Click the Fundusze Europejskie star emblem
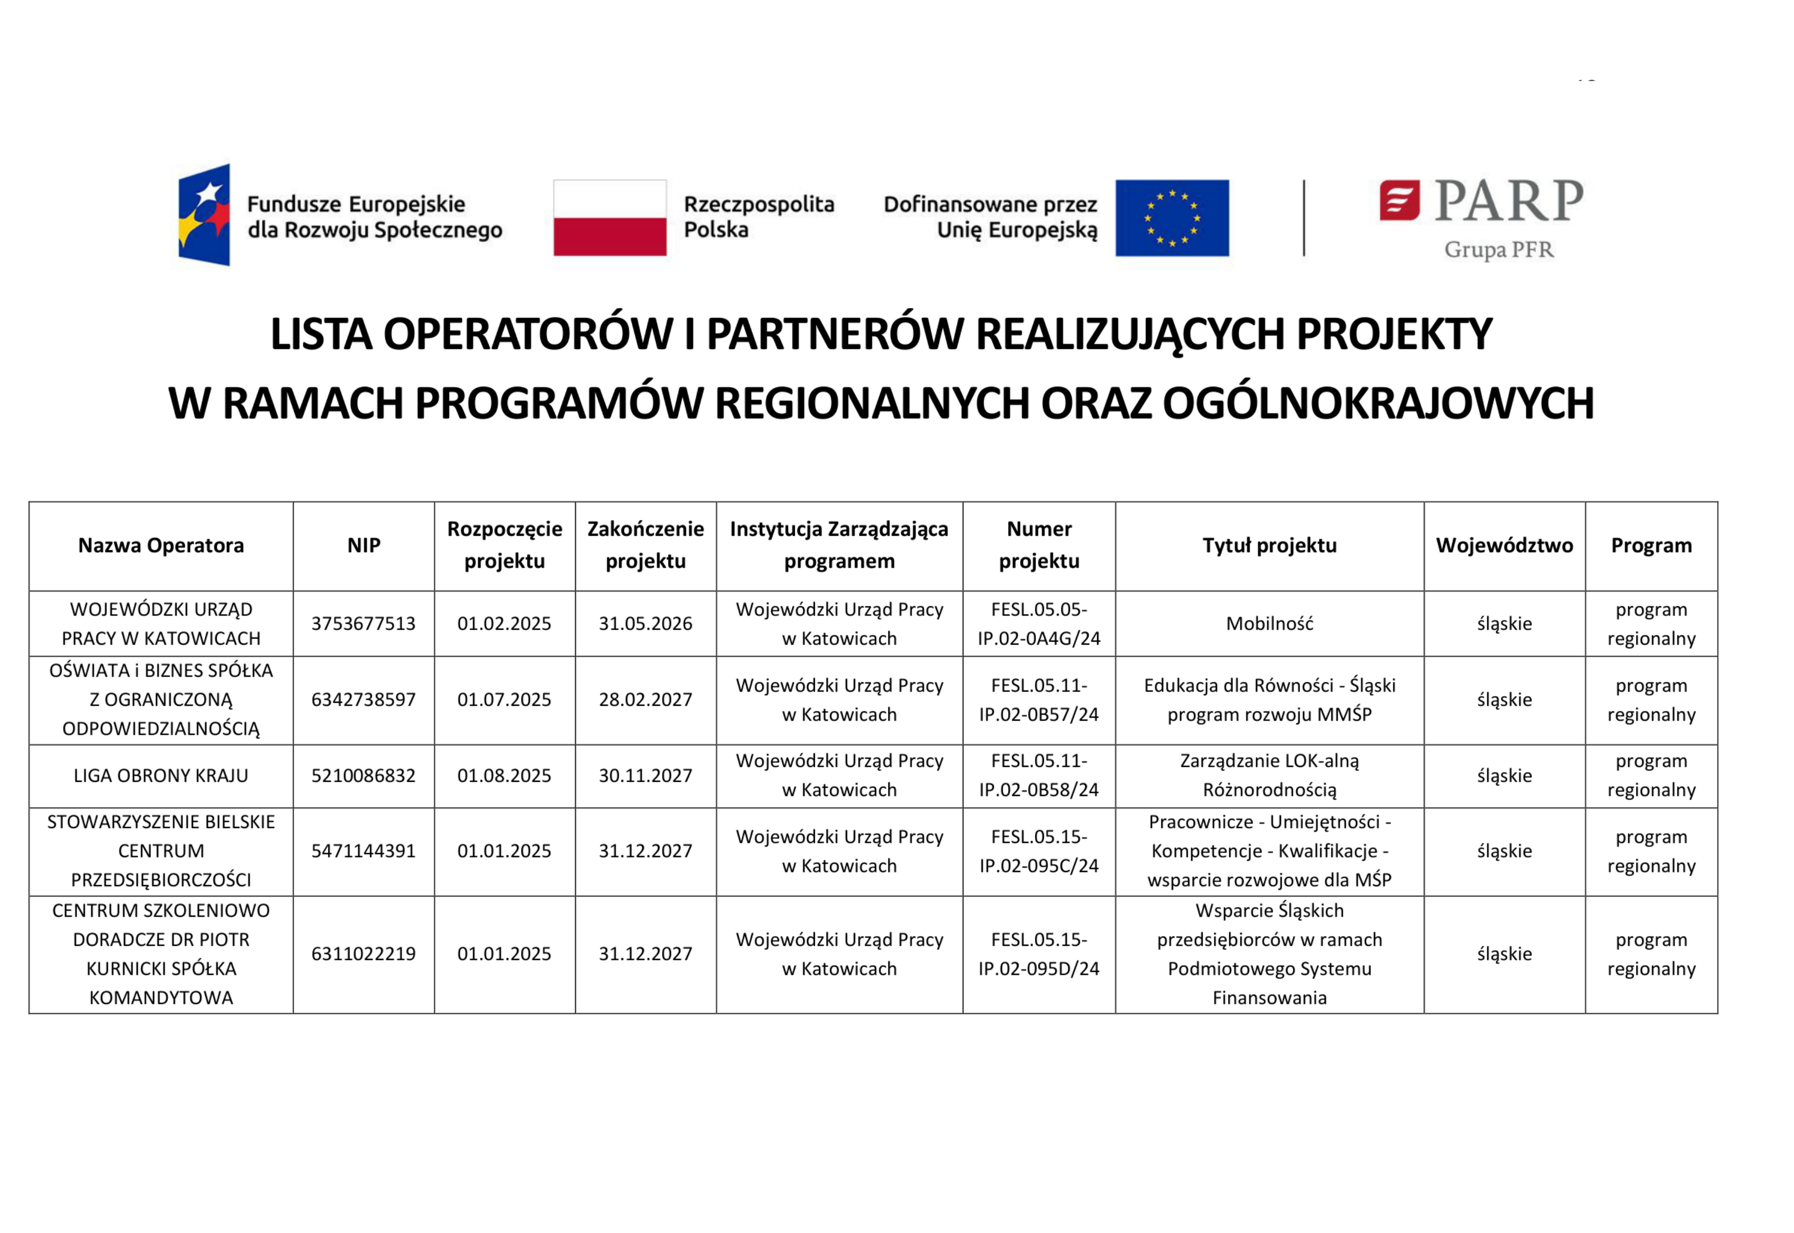(x=205, y=215)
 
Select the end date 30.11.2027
(x=645, y=776)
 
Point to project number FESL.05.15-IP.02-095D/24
(x=1038, y=954)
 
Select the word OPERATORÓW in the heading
(x=528, y=334)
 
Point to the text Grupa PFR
(x=1498, y=250)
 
